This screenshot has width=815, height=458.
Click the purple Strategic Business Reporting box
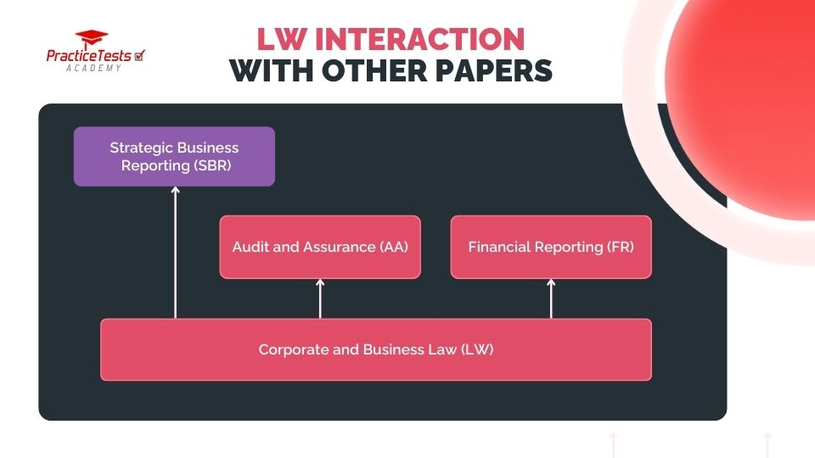(x=174, y=157)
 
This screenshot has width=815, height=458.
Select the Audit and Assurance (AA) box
(x=320, y=247)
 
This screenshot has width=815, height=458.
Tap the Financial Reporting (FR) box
(x=551, y=247)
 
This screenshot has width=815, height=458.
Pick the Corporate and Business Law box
(x=376, y=349)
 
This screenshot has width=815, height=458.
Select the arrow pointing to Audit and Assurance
(x=320, y=299)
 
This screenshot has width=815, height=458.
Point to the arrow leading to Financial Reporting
(x=551, y=299)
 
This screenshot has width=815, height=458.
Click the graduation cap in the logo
(x=91, y=39)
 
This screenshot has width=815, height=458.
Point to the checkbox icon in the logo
(x=140, y=54)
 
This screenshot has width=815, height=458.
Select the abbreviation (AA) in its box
(x=394, y=247)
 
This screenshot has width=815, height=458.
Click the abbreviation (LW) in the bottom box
(x=477, y=349)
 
